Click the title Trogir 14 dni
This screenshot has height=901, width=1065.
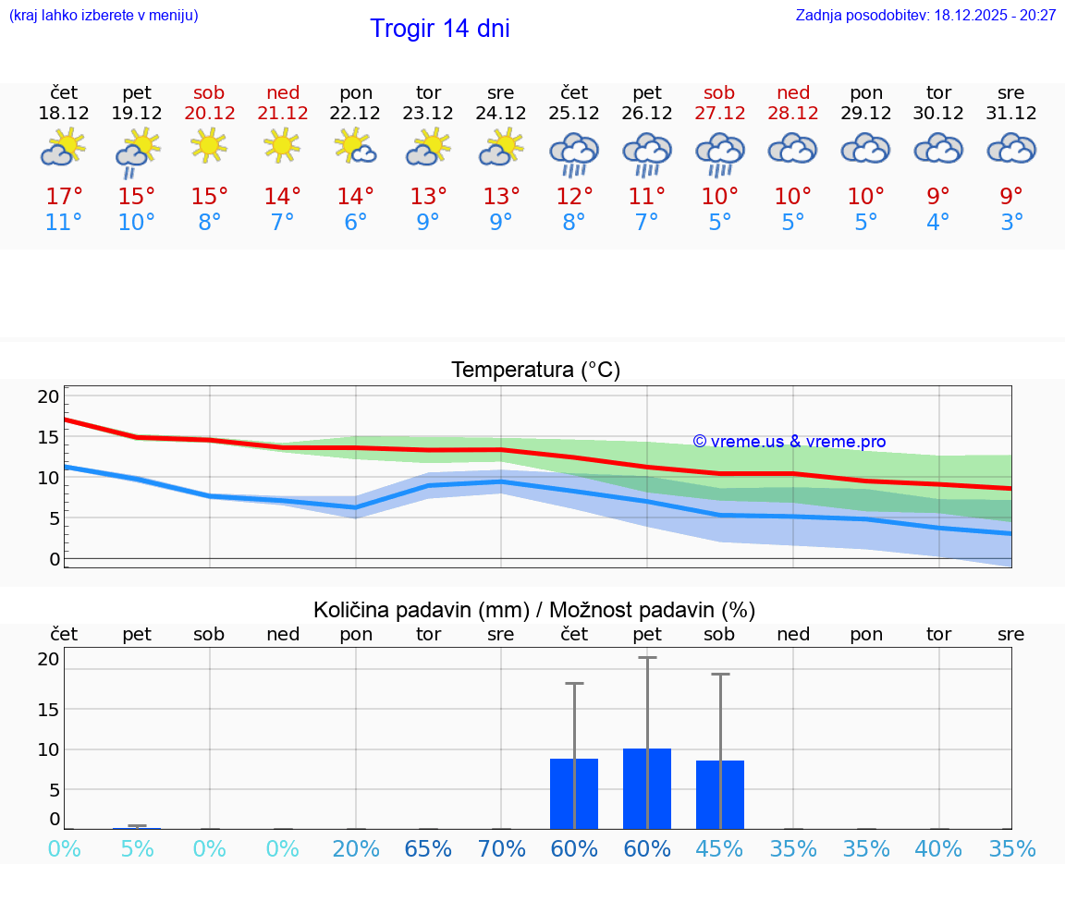tap(439, 29)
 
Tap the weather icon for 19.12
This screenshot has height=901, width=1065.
tap(137, 152)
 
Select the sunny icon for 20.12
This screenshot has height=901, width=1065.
tap(210, 145)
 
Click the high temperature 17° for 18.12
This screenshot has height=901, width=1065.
tap(64, 197)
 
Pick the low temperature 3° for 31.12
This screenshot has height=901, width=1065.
tap(1011, 223)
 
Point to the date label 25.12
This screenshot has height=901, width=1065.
tap(574, 114)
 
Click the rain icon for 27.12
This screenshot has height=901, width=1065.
tap(719, 153)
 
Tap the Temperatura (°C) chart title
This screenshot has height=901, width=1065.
tap(535, 371)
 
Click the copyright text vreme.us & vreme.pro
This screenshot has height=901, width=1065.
tap(789, 442)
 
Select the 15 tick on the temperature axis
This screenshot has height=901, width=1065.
tap(48, 437)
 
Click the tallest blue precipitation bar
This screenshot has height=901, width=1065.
tap(647, 788)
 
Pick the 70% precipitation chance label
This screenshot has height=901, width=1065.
tap(501, 849)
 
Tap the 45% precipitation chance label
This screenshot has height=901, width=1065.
tap(719, 849)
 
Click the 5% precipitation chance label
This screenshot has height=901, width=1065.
tap(137, 849)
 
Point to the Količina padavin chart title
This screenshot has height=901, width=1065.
tap(534, 610)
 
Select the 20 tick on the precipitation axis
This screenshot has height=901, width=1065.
tap(48, 659)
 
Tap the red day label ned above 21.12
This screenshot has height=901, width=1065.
tap(283, 93)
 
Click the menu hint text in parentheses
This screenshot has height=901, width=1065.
tap(104, 16)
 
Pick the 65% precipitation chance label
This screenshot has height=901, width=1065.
tap(428, 849)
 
